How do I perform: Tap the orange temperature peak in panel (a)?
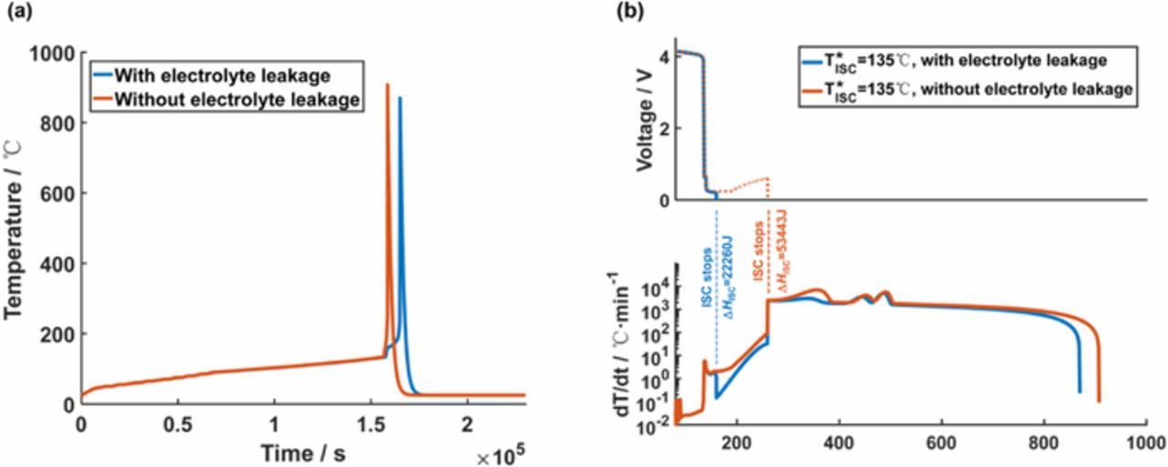[388, 86]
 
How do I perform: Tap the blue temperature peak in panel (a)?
[399, 99]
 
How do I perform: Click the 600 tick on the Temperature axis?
[57, 193]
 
